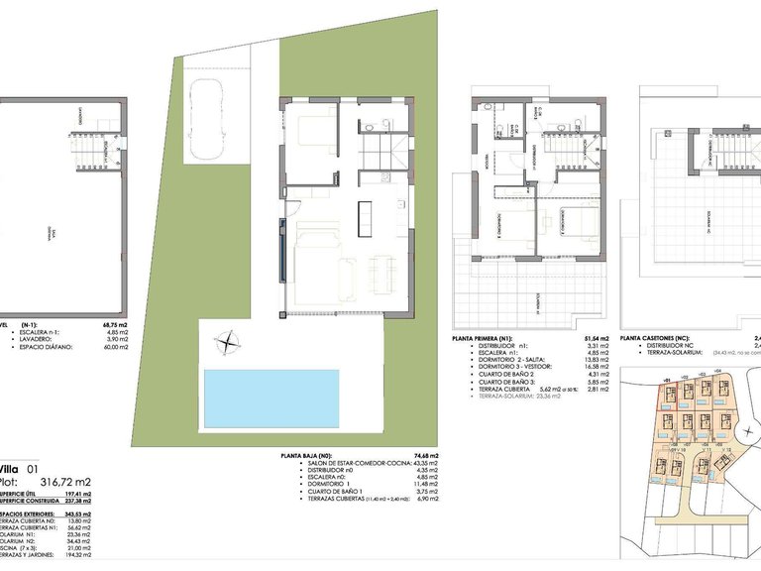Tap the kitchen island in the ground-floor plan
pyautogui.click(x=363, y=211)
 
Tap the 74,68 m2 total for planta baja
pyautogui.click(x=427, y=456)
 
